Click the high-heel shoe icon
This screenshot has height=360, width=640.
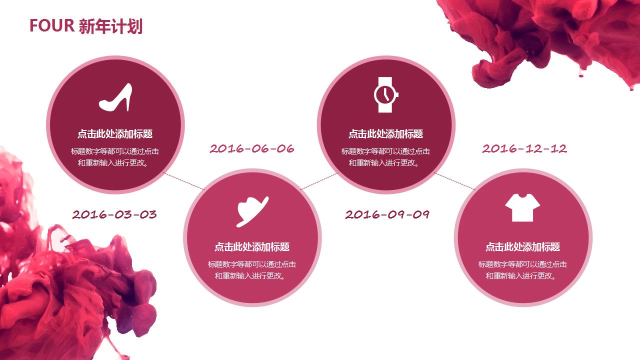pos(115,97)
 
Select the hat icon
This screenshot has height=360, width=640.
pos(252,210)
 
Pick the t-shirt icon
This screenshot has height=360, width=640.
pos(522,207)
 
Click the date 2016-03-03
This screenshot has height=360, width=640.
pos(114,214)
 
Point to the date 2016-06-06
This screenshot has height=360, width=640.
pos(252,148)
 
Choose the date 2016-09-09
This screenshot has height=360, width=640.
pos(387,214)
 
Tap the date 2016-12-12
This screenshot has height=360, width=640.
pos(524,148)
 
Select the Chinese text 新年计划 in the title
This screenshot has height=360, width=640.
pos(110,26)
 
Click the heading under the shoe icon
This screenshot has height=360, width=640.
pos(115,134)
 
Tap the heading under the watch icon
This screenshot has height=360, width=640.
pos(385,134)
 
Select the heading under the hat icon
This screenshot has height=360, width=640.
pos(252,247)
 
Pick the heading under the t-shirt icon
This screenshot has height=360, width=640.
pos(522,247)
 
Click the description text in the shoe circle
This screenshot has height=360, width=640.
pos(115,157)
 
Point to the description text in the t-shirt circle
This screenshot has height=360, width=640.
pos(522,270)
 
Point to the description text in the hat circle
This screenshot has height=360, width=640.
pos(252,270)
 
